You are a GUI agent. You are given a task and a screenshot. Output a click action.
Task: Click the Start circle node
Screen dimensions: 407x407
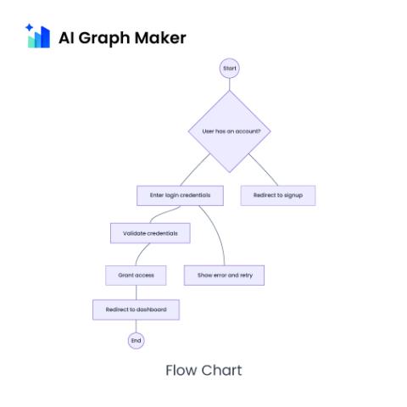230,68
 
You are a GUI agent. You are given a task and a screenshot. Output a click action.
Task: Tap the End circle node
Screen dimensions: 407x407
137,341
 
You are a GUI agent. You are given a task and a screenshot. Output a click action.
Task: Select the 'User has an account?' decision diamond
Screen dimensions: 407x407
230,131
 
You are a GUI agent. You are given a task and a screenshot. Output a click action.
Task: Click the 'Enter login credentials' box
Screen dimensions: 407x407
180,195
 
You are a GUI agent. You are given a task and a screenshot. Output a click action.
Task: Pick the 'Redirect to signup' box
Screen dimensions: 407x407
278,195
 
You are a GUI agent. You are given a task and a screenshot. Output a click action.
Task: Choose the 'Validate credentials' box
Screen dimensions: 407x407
150,233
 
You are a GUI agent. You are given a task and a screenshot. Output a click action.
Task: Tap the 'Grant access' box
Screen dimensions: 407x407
136,276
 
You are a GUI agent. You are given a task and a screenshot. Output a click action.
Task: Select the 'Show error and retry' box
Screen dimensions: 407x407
224,276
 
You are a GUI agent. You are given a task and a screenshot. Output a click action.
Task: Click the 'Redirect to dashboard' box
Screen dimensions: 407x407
136,309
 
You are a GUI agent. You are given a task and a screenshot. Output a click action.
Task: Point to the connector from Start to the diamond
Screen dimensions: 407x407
230,84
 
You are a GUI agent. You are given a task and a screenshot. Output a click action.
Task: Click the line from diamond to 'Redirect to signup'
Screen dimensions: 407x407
263,170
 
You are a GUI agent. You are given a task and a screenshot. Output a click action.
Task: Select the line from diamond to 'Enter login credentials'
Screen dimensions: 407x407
195,170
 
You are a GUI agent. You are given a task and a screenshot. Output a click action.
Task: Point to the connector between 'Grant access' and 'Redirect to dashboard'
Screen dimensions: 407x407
137,293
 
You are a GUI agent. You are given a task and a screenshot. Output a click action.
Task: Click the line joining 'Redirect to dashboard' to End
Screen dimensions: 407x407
137,326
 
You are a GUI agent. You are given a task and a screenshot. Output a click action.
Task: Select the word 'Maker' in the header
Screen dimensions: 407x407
160,37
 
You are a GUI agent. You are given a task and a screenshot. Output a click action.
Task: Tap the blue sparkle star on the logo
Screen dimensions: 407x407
29,28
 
